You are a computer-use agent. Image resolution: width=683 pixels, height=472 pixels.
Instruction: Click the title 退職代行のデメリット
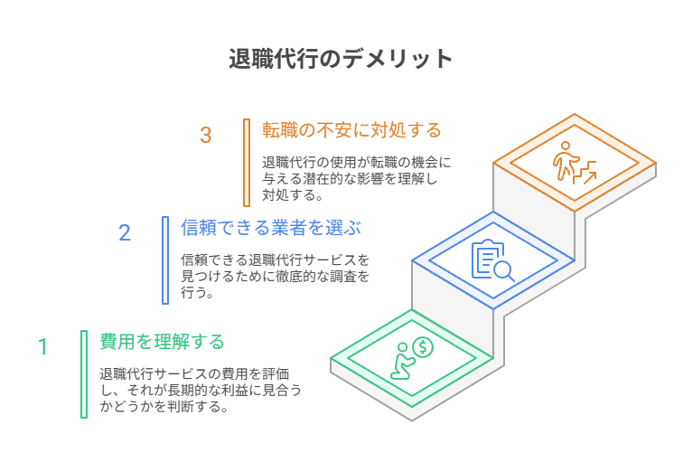(341, 59)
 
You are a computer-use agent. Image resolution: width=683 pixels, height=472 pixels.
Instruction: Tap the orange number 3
(206, 135)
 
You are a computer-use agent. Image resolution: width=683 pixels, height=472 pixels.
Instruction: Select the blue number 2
(125, 232)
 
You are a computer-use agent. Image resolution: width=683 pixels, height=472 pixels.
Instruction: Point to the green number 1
(42, 347)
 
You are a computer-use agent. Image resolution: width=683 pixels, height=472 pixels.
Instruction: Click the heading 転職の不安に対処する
(351, 130)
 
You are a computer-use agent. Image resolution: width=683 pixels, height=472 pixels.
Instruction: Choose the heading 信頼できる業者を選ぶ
(271, 228)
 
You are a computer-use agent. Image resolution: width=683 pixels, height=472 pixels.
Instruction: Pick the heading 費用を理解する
(162, 342)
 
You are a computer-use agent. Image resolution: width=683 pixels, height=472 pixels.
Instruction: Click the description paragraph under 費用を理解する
(201, 390)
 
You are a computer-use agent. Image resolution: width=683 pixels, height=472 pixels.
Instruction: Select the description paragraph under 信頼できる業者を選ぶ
(276, 276)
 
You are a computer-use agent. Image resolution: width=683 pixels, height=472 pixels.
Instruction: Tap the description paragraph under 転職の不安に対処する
(356, 179)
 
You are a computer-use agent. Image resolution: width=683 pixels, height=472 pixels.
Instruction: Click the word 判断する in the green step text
(195, 407)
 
